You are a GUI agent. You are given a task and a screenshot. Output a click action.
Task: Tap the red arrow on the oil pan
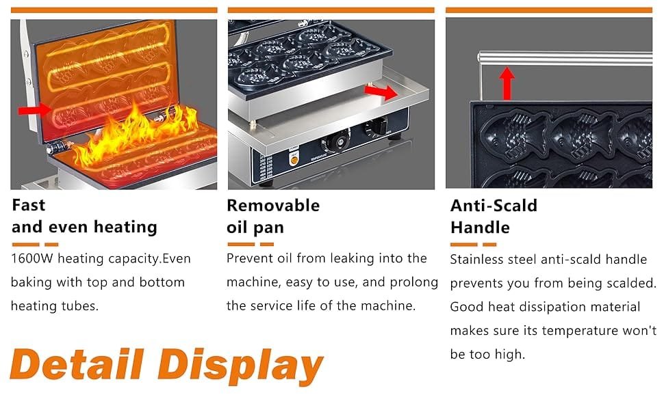[381, 92]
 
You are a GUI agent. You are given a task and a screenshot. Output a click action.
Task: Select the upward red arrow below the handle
[507, 83]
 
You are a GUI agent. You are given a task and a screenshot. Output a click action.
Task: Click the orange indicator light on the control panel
[294, 160]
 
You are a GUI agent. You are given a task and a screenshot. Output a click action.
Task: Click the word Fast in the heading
[28, 205]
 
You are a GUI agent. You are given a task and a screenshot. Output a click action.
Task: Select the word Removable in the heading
[273, 206]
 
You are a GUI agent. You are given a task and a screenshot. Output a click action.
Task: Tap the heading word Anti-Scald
[494, 206]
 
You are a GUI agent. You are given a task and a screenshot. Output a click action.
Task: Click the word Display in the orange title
[240, 366]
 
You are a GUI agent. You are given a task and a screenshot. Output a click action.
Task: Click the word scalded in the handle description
[631, 283]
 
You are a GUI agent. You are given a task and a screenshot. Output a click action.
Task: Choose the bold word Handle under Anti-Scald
[481, 228]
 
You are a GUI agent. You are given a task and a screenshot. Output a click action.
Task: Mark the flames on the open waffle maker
[136, 135]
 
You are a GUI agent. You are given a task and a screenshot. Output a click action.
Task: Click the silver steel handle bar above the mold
[565, 58]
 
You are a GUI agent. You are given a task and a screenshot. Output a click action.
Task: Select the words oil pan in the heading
[255, 228]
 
